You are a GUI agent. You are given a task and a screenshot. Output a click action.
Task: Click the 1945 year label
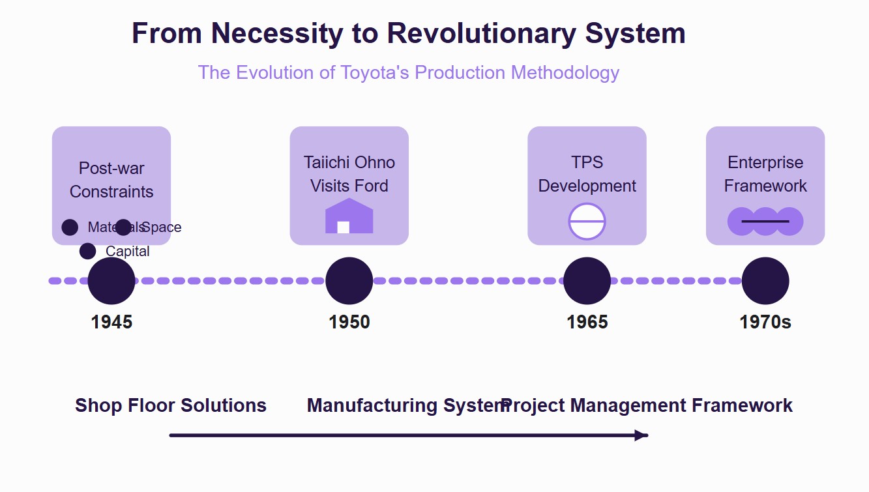111,322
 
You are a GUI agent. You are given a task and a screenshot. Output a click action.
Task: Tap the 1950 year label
349,322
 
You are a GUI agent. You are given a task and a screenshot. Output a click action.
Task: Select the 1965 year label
587,322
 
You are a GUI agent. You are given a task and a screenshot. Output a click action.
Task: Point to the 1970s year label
765,322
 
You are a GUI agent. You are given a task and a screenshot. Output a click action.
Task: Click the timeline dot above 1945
111,281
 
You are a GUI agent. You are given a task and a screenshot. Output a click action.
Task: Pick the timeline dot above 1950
349,281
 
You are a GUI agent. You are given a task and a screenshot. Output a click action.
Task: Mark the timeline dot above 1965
587,281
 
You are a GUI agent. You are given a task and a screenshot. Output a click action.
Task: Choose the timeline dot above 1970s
765,281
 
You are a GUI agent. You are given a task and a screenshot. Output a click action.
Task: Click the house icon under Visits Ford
349,216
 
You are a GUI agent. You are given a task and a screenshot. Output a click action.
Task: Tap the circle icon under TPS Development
587,222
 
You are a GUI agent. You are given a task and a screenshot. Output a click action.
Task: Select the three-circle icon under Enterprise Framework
765,222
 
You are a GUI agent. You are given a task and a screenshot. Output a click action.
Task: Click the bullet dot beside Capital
87,251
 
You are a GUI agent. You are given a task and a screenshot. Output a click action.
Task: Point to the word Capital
128,252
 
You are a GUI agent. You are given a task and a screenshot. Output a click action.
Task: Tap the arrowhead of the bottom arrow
642,435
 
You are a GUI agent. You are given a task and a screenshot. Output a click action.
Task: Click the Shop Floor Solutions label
171,405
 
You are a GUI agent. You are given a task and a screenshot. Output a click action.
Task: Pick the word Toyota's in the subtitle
374,72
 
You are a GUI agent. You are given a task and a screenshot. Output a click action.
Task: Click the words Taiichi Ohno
349,162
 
